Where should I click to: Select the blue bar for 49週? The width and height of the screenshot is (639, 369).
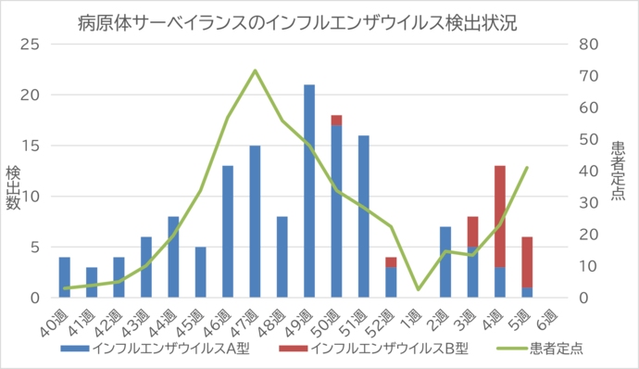pyautogui.click(x=309, y=191)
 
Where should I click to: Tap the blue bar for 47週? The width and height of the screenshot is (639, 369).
pyautogui.click(x=255, y=222)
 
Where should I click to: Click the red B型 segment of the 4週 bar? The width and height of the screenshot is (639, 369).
pyautogui.click(x=500, y=216)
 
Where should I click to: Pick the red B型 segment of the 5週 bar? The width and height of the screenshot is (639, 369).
pyautogui.click(x=527, y=262)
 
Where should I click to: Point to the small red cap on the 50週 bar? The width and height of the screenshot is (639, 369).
pyautogui.click(x=336, y=120)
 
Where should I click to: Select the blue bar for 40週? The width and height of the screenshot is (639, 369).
pyautogui.click(x=64, y=277)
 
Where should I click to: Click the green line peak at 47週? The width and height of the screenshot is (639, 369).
pyautogui.click(x=255, y=70)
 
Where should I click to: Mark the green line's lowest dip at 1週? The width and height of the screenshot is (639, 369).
pyautogui.click(x=418, y=289)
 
